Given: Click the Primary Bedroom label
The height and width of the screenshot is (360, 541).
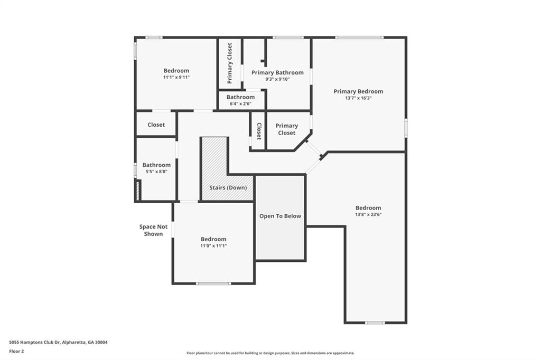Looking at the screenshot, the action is tap(358, 91).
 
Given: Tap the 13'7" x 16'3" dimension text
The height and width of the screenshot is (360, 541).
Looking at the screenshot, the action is tap(358, 98).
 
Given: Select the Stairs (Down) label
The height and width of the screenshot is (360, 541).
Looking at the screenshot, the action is tap(228, 187).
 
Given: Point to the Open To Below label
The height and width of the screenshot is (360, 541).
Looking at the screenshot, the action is tap(280, 216).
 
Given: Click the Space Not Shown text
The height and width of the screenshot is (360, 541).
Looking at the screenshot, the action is tap(153, 230).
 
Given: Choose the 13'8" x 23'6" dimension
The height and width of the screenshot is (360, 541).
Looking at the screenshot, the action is tap(368, 214).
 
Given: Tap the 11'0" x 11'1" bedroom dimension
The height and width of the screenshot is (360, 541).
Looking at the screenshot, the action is tap(213, 246).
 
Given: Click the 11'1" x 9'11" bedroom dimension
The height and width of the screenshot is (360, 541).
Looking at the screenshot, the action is tap(176, 77).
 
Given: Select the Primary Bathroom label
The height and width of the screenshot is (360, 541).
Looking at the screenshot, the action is tap(277, 72).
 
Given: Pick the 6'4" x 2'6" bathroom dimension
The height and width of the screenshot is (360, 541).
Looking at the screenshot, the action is tap(240, 103).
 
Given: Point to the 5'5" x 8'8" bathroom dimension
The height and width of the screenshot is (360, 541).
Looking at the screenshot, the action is tap(156, 172).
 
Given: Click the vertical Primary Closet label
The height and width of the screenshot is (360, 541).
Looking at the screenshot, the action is tap(229, 63).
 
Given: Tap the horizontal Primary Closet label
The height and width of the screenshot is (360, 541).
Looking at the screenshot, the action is tap(287, 129).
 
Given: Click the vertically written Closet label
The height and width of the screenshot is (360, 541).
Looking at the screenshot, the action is tap(259, 131).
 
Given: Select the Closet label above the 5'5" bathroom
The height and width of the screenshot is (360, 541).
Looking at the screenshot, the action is tap(156, 125).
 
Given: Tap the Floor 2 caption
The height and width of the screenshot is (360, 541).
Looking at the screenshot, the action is tap(16, 352).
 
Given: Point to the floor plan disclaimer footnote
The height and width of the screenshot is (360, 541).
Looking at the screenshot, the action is tap(270, 353).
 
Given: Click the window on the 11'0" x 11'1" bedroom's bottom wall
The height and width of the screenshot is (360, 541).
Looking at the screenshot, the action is tap(213, 283).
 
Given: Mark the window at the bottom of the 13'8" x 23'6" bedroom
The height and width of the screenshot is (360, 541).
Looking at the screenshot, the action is tap(375, 323).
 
